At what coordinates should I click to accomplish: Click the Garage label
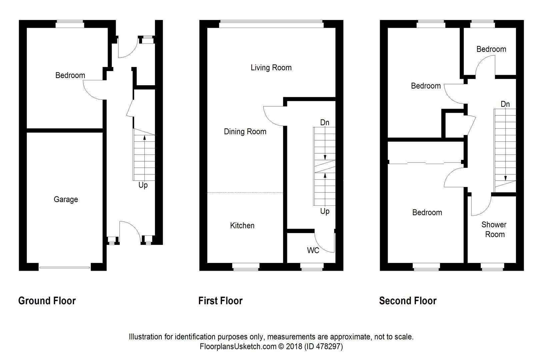(x=66, y=200)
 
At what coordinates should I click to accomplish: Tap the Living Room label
(x=271, y=67)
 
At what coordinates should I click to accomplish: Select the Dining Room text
(x=245, y=131)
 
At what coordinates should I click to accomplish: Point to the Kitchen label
(x=242, y=225)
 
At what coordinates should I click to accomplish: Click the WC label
(x=313, y=250)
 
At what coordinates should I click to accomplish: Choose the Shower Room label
(x=494, y=229)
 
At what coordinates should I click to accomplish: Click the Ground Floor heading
(x=47, y=301)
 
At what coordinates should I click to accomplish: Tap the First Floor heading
(x=220, y=301)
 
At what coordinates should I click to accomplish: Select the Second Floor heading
(x=408, y=301)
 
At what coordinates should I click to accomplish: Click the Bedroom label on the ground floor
(x=70, y=75)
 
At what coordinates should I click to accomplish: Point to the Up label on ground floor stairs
(x=143, y=185)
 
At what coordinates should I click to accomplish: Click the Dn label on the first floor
(x=325, y=122)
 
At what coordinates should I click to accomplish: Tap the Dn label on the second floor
(x=505, y=104)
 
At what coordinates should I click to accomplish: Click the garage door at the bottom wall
(x=64, y=267)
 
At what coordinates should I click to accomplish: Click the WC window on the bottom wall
(x=311, y=266)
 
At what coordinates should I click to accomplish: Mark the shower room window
(x=492, y=266)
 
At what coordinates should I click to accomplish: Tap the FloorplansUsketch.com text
(x=238, y=346)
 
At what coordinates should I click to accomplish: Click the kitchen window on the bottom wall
(x=246, y=266)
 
